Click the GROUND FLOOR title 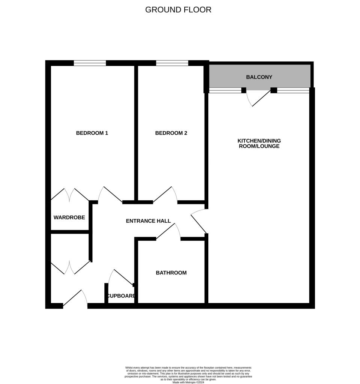point(178,10)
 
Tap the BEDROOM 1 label point(92,133)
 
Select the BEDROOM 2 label point(171,133)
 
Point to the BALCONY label point(259,77)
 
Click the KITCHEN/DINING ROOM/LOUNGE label point(259,144)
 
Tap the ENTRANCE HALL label point(148,221)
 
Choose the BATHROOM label point(171,273)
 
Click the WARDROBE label point(69,217)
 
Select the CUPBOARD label point(121,296)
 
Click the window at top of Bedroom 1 point(90,63)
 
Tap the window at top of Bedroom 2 point(172,63)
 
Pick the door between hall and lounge point(199,221)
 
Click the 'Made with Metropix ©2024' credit point(188,382)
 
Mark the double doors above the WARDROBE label point(70,195)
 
